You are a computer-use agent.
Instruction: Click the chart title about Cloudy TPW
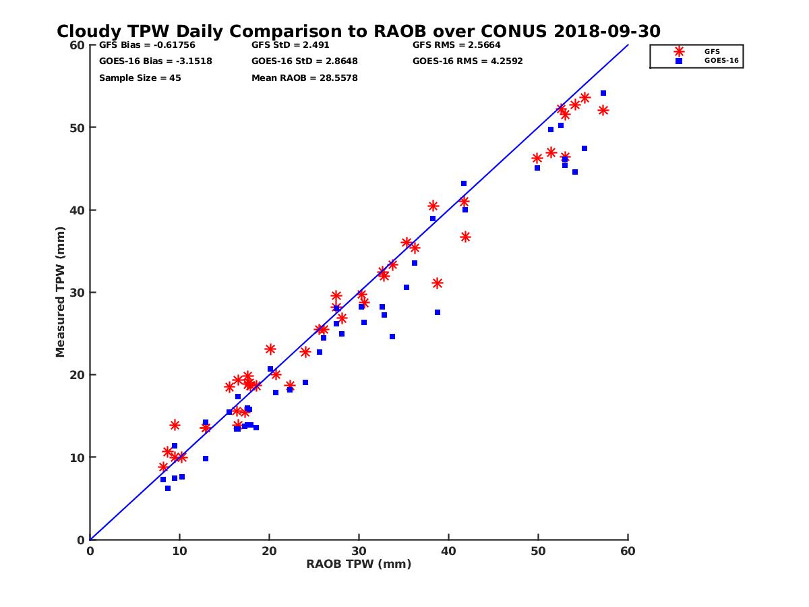point(359,32)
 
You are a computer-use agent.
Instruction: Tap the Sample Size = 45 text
point(140,78)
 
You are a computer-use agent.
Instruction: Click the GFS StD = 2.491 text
point(294,45)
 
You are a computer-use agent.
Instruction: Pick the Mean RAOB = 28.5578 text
point(304,78)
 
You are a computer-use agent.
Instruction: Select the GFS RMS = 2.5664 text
point(456,45)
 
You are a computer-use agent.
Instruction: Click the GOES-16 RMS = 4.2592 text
point(467,61)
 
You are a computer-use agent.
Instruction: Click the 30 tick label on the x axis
point(359,551)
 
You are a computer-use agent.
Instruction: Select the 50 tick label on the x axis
point(539,551)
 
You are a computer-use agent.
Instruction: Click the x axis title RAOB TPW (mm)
point(359,565)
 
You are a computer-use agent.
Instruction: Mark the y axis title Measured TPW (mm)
point(61,292)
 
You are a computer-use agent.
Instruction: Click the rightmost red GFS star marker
point(603,110)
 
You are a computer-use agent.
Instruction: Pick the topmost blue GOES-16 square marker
point(603,93)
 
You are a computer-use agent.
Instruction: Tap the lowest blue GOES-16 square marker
point(168,488)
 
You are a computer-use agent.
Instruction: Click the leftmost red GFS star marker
point(163,467)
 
